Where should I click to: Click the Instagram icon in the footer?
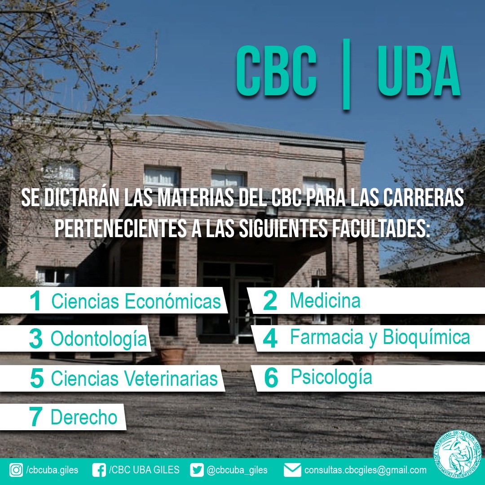(x=16, y=470)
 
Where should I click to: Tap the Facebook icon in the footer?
(x=99, y=470)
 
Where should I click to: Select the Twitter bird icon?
(x=197, y=470)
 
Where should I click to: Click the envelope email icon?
(x=292, y=470)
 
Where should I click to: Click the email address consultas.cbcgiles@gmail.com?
(x=365, y=470)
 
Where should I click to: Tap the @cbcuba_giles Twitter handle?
(x=237, y=470)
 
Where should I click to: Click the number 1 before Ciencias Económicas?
(x=35, y=300)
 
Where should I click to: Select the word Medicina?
(x=325, y=300)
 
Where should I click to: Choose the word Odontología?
(x=99, y=339)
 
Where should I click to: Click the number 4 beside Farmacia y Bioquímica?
(x=270, y=338)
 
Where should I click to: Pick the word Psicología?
(x=331, y=377)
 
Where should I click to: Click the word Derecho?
(x=84, y=417)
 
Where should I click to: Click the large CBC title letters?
(x=276, y=71)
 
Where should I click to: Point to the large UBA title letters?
(x=419, y=71)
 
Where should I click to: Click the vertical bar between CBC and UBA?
(x=346, y=74)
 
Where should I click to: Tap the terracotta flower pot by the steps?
(x=171, y=356)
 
